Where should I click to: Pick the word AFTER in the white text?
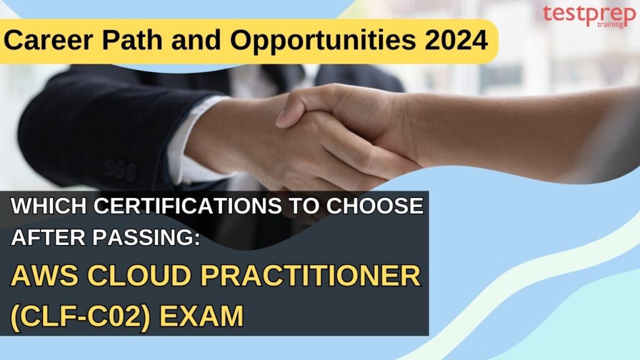click(46, 239)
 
